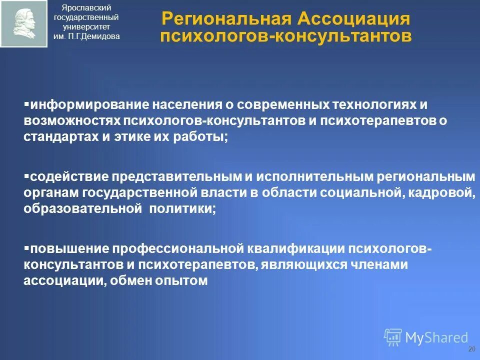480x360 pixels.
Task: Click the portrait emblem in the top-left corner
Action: [x=23, y=23]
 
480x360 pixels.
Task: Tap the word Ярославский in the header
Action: [x=86, y=7]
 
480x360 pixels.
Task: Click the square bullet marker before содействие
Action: [x=26, y=176]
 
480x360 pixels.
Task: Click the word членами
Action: [x=379, y=265]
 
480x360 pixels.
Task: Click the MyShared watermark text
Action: [x=436, y=337]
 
